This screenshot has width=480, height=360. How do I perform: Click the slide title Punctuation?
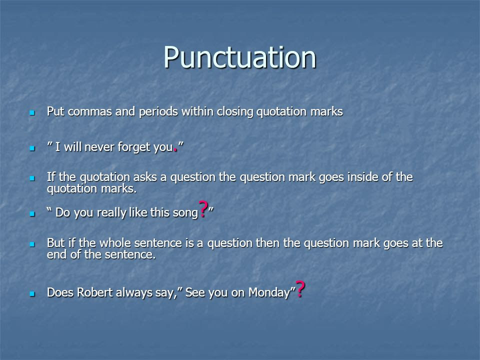tap(239, 57)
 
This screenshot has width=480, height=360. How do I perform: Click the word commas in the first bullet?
tap(89, 112)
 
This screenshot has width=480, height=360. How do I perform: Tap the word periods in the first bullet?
tap(158, 112)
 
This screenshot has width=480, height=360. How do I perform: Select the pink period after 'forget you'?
tap(175, 150)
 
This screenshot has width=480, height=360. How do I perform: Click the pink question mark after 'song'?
tap(203, 209)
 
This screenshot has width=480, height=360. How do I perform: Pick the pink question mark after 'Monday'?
tap(300, 289)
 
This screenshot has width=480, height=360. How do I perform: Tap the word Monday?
tap(269, 293)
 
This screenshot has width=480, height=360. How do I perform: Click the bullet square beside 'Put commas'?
tap(32, 113)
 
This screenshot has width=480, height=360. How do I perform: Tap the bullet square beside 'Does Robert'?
tap(32, 294)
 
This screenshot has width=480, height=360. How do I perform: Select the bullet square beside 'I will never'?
tap(32, 148)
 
